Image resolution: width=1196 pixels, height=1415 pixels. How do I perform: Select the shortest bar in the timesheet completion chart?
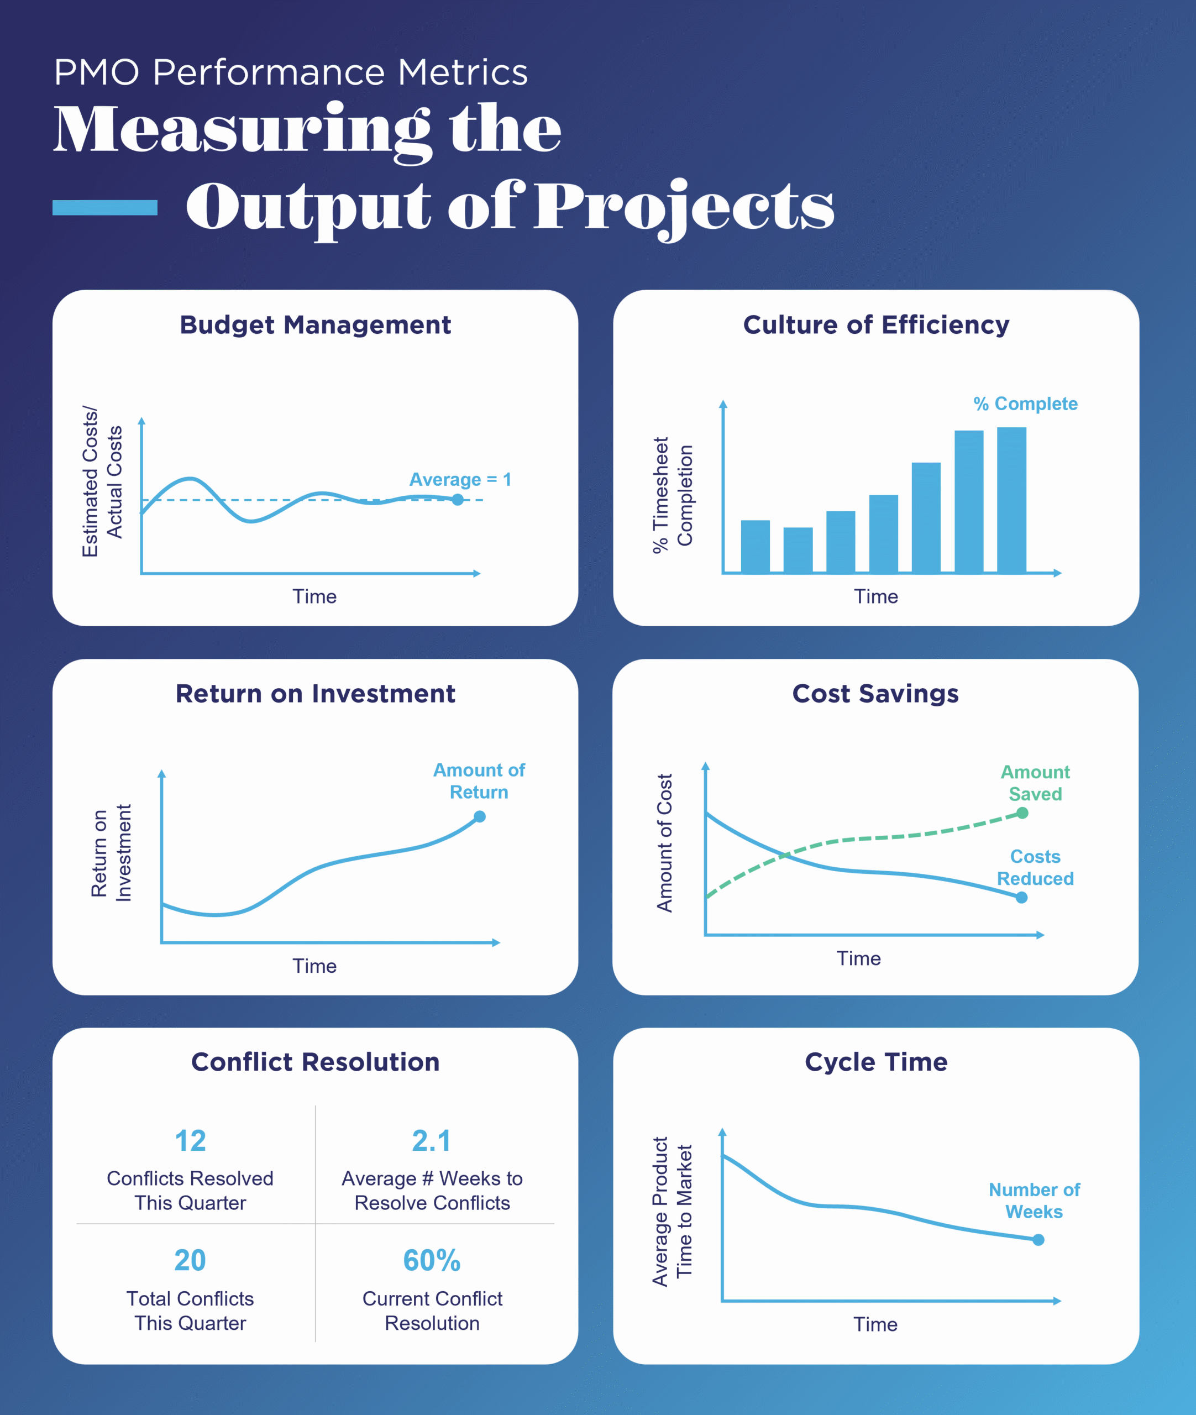click(798, 550)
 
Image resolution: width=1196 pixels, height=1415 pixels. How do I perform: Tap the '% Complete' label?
click(1025, 404)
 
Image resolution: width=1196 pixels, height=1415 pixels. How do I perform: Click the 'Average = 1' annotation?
click(460, 479)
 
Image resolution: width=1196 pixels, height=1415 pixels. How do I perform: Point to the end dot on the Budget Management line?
click(458, 500)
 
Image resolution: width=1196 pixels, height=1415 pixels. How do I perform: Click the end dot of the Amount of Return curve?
click(479, 816)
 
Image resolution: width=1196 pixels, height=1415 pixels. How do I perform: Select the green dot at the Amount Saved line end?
click(1022, 813)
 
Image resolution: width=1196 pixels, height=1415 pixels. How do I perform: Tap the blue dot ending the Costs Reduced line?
click(1021, 898)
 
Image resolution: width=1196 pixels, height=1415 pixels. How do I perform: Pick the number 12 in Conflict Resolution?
click(190, 1141)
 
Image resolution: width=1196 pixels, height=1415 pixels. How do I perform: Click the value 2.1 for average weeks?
click(431, 1141)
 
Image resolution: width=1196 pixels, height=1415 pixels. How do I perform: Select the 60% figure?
click(431, 1260)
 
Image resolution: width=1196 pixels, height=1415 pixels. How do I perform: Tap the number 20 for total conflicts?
click(190, 1260)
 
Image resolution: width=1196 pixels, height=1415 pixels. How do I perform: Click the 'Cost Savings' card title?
click(875, 694)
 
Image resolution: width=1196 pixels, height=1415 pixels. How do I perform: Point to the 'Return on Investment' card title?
click(315, 694)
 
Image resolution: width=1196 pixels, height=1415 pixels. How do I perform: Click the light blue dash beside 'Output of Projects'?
click(105, 207)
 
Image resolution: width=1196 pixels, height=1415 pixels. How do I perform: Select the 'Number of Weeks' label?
click(1034, 1201)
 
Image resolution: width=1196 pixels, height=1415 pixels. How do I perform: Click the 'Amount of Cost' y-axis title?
click(664, 843)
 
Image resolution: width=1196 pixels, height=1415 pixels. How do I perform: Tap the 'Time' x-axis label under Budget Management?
click(314, 596)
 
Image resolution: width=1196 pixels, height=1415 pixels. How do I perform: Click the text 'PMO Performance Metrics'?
click(290, 72)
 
